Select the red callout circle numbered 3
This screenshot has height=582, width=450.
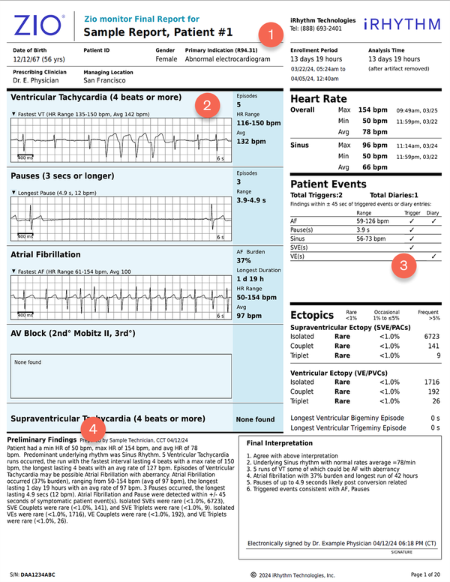click(403, 264)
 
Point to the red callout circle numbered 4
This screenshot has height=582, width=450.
click(92, 428)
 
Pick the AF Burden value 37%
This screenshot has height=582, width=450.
click(245, 260)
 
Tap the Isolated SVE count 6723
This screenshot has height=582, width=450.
click(430, 337)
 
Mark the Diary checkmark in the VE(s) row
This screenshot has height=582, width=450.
click(433, 256)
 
